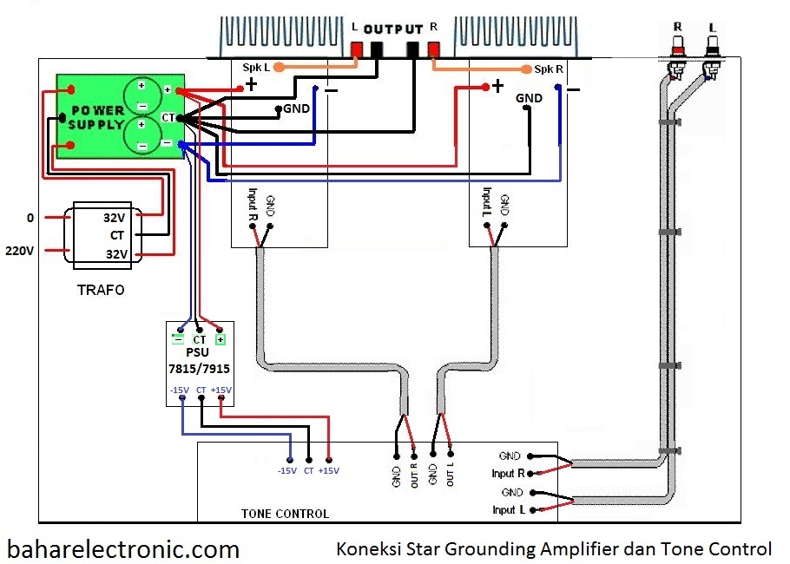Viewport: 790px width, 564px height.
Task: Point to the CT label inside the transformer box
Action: coord(118,235)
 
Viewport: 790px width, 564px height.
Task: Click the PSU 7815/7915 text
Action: coord(199,361)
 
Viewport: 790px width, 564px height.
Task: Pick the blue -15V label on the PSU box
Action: coord(179,390)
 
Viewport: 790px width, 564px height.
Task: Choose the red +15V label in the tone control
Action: coord(329,470)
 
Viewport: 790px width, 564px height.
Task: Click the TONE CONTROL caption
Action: coord(285,514)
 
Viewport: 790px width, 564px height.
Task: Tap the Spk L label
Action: coord(256,68)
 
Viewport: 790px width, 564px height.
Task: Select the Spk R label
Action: coord(549,69)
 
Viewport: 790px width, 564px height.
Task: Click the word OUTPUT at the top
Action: coord(393,29)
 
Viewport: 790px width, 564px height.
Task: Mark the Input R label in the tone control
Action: coord(509,473)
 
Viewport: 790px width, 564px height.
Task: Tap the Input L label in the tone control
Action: coord(509,509)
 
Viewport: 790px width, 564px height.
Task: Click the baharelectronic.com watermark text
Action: coord(123,548)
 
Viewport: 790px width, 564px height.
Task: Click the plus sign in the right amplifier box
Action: coord(497,86)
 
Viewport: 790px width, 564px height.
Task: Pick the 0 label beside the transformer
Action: coord(30,218)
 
